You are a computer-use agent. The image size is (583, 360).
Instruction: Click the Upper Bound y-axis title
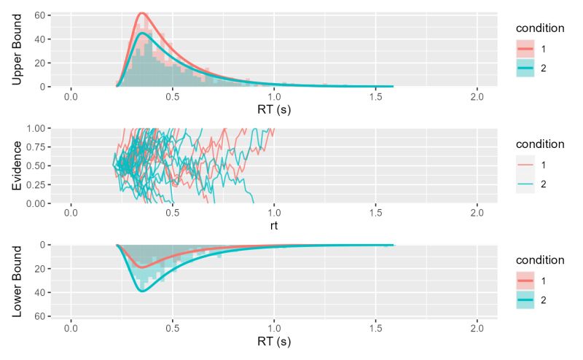click(17, 49)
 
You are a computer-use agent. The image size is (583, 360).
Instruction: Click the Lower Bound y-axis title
click(17, 280)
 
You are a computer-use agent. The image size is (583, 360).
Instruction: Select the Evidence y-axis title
click(17, 165)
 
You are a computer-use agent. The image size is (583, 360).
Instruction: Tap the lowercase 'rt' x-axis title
click(274, 226)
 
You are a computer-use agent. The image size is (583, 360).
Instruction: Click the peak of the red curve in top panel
click(143, 13)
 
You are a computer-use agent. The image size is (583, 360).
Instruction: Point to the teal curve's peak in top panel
click(144, 33)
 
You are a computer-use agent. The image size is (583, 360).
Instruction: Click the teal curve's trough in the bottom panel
click(143, 291)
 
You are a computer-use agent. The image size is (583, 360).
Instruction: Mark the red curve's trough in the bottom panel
click(143, 267)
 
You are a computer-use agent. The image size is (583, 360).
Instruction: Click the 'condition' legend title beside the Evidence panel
click(540, 144)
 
